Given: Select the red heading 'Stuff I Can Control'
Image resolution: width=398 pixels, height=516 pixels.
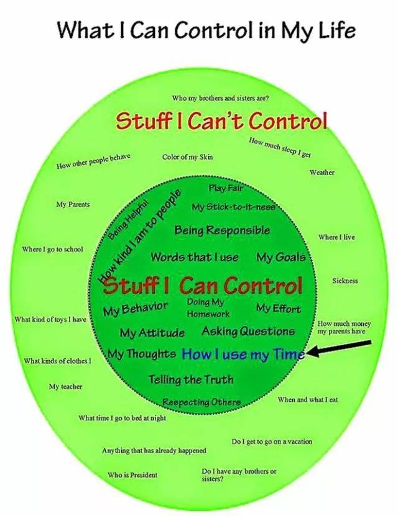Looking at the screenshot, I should click(203, 286).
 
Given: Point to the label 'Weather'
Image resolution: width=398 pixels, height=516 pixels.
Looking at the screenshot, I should click(322, 172).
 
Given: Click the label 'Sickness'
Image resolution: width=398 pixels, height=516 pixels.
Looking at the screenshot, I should click(345, 281).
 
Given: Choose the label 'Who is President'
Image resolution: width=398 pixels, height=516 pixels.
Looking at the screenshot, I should click(132, 475).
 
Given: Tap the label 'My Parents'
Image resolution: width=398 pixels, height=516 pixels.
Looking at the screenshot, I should click(73, 204).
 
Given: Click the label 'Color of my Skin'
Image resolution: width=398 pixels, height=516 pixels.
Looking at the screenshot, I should click(187, 157).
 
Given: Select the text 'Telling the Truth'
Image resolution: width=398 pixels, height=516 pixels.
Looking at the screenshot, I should click(191, 379).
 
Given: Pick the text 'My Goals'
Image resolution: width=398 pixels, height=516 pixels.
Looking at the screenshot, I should click(280, 257).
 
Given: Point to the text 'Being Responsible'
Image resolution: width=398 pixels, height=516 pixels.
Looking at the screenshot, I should click(222, 230).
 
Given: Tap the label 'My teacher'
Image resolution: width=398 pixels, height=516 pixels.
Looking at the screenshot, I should click(65, 387).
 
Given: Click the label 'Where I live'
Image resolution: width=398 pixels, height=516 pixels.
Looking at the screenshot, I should click(336, 237).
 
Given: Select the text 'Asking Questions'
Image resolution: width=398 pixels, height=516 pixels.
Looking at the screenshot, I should click(248, 332).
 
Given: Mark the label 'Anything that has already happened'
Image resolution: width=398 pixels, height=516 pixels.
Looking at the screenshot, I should click(154, 450).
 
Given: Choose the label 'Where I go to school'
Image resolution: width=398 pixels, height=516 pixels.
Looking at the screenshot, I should click(52, 250).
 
